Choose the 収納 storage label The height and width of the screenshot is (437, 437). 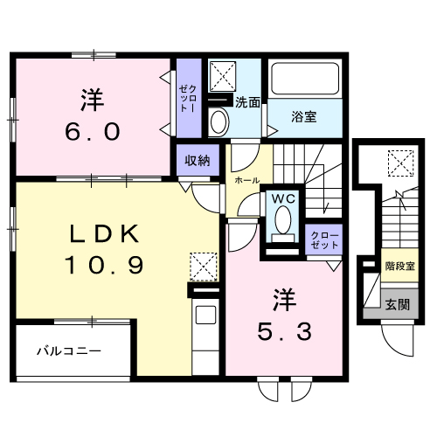pos(197,160)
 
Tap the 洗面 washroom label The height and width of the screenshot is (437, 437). pos(247,102)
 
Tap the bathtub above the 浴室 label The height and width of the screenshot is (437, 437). pos(303,81)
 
